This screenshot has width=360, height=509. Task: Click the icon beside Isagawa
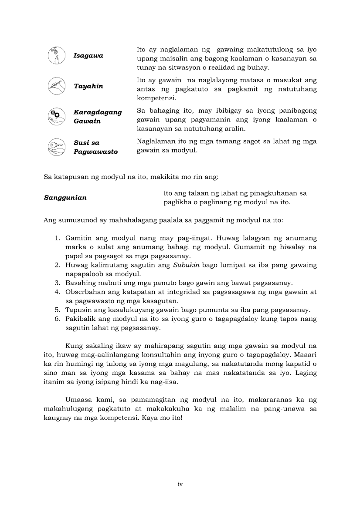click(56, 56)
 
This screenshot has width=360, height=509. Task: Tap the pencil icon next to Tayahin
click(56, 86)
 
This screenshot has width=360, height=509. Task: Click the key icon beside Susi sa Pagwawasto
click(56, 147)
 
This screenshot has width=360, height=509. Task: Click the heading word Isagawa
click(88, 56)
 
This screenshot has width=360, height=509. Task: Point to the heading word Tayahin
click(88, 86)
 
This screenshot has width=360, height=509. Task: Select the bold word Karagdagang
click(98, 112)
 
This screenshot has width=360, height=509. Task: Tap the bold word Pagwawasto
click(95, 152)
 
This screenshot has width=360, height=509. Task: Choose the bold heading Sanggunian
click(65, 198)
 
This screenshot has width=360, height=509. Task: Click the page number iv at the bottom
click(180, 484)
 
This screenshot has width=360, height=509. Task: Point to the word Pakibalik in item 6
click(80, 319)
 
